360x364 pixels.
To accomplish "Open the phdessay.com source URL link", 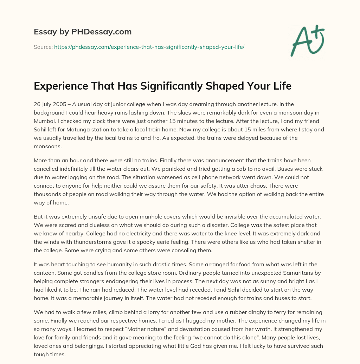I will pyautogui.click(x=149, y=47).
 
